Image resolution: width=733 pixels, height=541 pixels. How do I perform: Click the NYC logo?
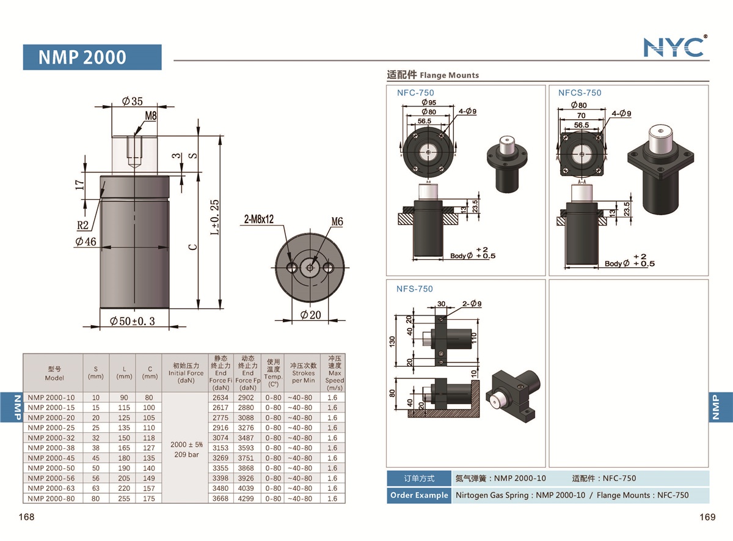pos(674,47)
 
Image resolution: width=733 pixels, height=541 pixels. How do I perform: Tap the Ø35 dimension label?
pos(132,101)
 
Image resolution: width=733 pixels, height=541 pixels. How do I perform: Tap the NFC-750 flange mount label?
pos(415,93)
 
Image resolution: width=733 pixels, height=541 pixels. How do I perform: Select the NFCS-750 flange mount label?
pos(579,93)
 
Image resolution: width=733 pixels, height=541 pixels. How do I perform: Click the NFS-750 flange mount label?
pos(415,289)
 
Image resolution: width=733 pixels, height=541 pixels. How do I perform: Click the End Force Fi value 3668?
pos(221,498)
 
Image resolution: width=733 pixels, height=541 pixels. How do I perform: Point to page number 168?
pos(27,517)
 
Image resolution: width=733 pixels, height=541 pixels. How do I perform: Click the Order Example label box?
pos(418,495)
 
